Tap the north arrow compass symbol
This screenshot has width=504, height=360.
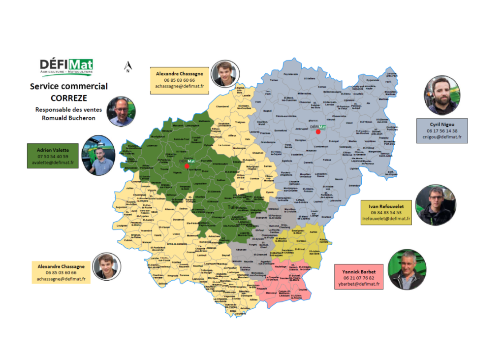[128, 67]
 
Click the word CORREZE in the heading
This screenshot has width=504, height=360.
[68, 98]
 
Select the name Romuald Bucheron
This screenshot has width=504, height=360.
[68, 118]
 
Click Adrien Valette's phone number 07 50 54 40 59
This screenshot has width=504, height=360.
[53, 156]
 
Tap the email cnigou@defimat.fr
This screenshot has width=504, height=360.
[441, 137]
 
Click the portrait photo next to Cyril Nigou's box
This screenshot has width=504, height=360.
[441, 95]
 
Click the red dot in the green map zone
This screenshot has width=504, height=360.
[187, 166]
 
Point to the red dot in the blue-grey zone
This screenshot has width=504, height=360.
[318, 131]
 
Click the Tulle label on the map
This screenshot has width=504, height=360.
[233, 207]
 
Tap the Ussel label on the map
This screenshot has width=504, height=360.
[350, 123]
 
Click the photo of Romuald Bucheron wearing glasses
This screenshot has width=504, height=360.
[121, 112]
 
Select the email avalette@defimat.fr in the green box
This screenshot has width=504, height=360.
[53, 163]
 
